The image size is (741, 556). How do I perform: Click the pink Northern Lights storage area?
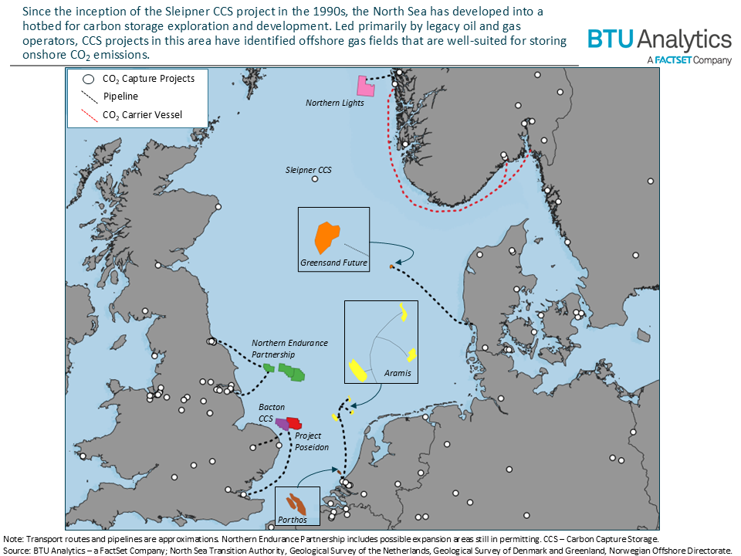coord(364,86)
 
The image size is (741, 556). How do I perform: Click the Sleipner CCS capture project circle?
coord(315,179)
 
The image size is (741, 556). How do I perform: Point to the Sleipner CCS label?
coord(309,169)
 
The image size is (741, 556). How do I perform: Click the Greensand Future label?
coord(333,263)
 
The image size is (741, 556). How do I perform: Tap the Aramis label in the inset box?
coord(398,374)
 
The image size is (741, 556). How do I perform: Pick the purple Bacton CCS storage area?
coord(283,424)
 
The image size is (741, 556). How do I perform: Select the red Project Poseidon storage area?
coord(293,423)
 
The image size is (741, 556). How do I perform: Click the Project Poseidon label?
coord(312,442)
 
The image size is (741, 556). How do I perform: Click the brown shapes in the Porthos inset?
coord(295,503)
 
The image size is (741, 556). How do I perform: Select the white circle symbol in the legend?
coord(88,79)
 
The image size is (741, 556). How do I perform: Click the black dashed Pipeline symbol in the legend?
coord(90,97)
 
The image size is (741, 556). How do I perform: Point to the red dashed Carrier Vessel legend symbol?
coord(90,116)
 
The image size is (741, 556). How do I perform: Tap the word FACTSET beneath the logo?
coord(678,60)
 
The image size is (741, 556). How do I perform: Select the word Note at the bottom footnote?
coord(14,538)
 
